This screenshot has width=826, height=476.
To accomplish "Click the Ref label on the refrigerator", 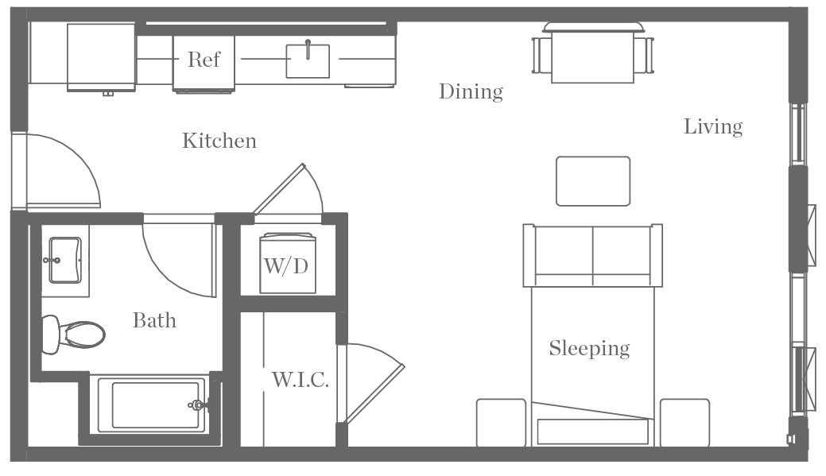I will click(204, 60).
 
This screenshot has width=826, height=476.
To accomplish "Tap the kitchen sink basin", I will click(308, 61).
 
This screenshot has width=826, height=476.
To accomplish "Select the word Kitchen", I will click(219, 141).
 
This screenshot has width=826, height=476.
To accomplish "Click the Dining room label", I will click(471, 92).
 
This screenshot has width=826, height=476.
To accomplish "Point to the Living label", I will click(713, 126).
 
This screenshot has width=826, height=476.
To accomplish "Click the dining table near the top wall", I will click(592, 56).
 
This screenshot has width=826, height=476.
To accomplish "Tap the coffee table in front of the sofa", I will click(593, 181).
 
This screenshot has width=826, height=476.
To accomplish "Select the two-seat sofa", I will click(592, 254).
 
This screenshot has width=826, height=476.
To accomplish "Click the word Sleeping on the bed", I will click(589, 348).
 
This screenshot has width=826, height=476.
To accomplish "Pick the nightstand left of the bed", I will click(501, 423).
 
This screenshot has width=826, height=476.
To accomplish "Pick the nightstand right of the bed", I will click(684, 423).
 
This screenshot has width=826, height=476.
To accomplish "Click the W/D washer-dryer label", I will click(286, 265).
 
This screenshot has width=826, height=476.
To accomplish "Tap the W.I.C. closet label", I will click(300, 380).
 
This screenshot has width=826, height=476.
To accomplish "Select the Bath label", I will click(154, 320).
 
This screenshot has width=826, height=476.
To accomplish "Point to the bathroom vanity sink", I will click(65, 259).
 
